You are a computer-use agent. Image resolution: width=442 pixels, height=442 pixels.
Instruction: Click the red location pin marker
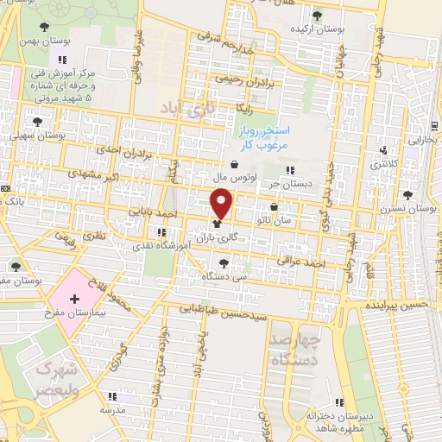pyautogui.click(x=222, y=204)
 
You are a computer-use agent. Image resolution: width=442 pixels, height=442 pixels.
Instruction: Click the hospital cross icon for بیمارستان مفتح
pyautogui.click(x=76, y=298)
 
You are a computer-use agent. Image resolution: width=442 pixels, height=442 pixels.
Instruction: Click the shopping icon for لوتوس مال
pyautogui.click(x=234, y=163)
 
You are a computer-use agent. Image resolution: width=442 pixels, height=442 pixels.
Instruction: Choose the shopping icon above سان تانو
pyautogui.click(x=274, y=206)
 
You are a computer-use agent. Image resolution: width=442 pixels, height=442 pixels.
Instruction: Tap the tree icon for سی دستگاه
pyautogui.click(x=224, y=263)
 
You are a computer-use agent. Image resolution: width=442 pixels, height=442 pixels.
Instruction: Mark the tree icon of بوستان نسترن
pyautogui.click(x=407, y=195)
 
